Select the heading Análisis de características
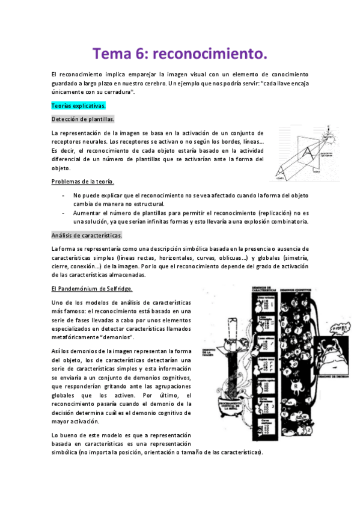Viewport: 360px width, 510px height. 87,235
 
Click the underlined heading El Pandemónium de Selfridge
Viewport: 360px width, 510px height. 92,289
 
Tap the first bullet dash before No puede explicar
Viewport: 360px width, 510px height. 64,195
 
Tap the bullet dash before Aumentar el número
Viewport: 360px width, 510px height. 64,213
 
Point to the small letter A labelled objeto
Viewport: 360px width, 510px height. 280,173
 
